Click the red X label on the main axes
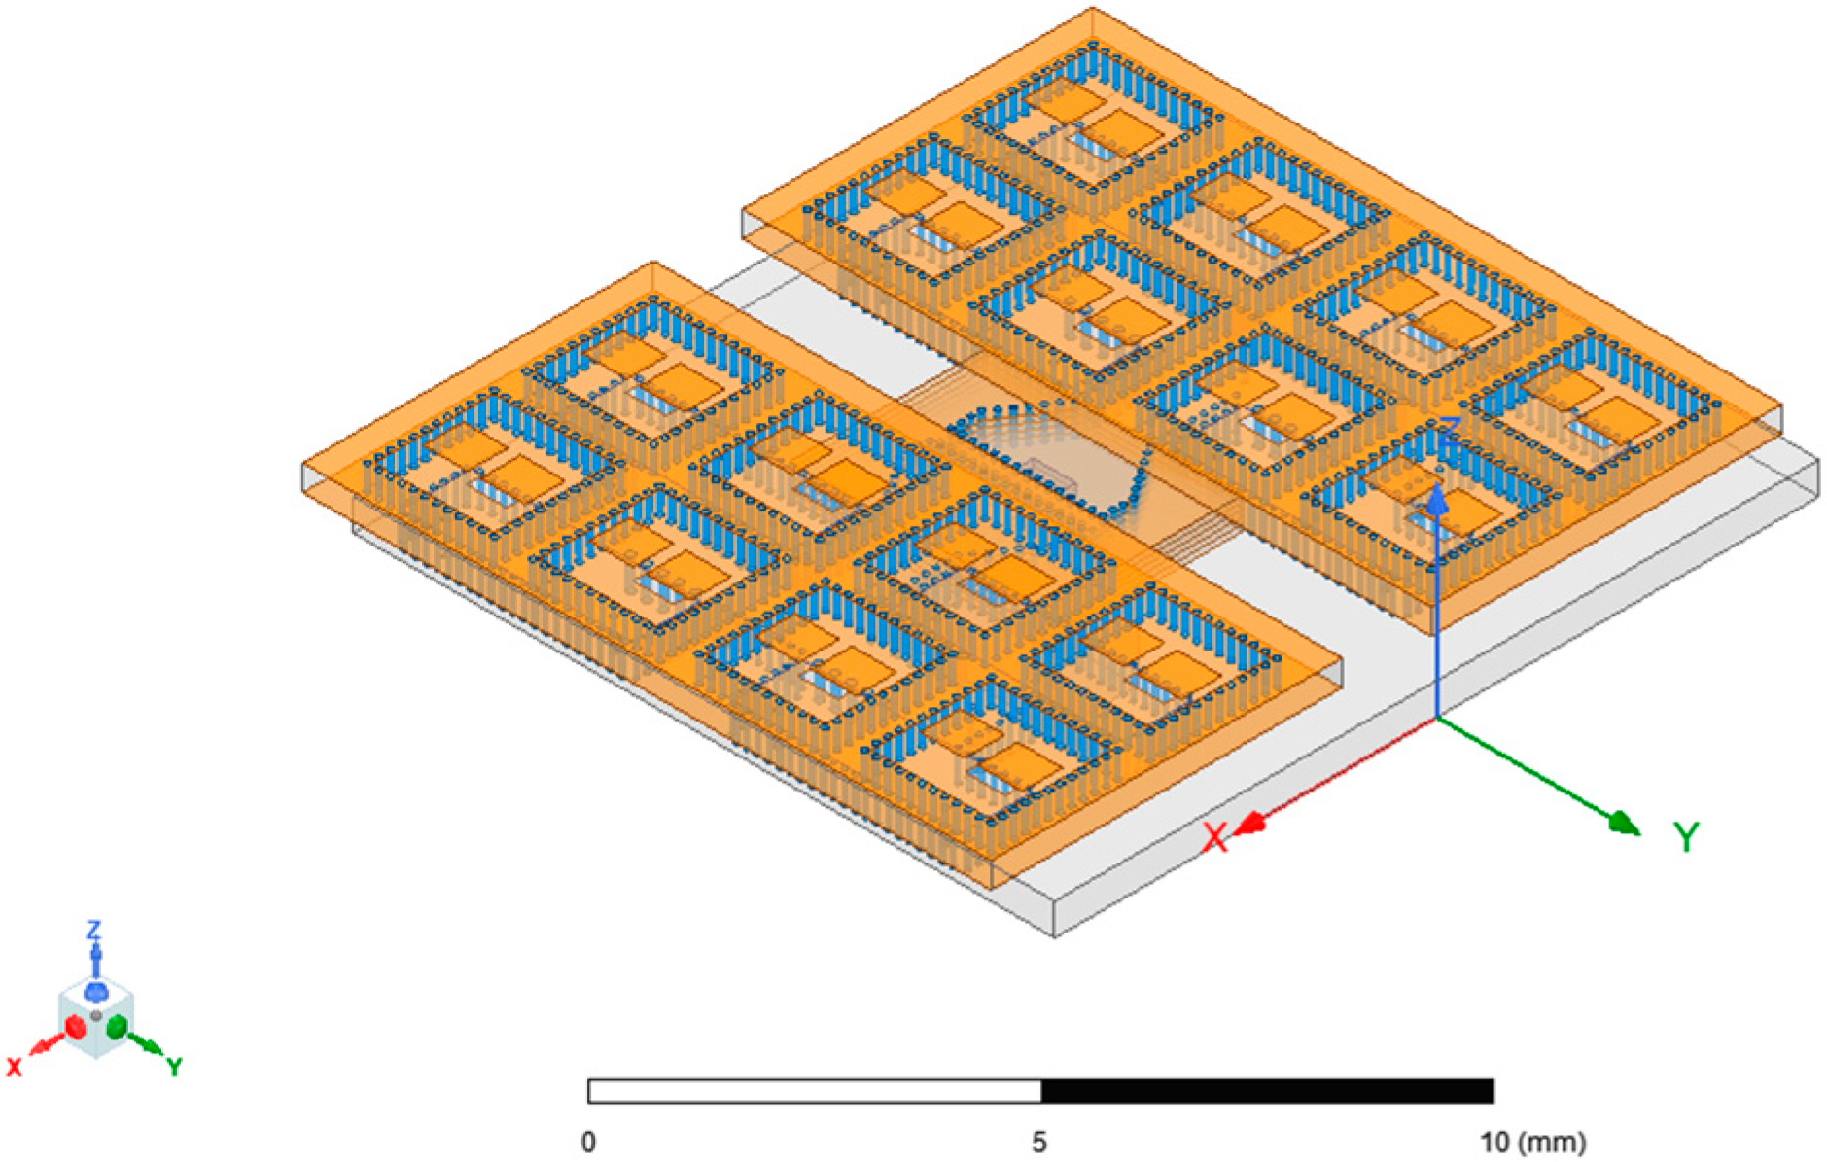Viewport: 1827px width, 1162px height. [x=1215, y=837]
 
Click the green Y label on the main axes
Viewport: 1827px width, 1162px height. [x=1686, y=836]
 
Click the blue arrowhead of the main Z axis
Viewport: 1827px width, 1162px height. [x=1437, y=502]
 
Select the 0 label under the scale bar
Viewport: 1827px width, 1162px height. [x=588, y=1142]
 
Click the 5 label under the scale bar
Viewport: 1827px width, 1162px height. [x=1039, y=1142]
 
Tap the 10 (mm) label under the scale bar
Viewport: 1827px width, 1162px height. [x=1532, y=1142]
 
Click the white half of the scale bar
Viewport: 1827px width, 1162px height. [x=815, y=1091]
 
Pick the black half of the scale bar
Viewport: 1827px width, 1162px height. [x=1267, y=1091]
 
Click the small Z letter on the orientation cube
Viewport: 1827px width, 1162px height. [x=93, y=930]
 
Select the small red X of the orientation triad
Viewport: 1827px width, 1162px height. [x=15, y=1067]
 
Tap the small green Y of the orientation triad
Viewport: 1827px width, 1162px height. [x=174, y=1067]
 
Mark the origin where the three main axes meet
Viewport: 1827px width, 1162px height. [x=1437, y=719]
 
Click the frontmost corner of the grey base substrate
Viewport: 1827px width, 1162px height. [x=1055, y=935]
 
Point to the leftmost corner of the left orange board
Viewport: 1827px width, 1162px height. [x=303, y=467]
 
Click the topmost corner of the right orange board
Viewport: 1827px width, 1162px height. [x=1093, y=9]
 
